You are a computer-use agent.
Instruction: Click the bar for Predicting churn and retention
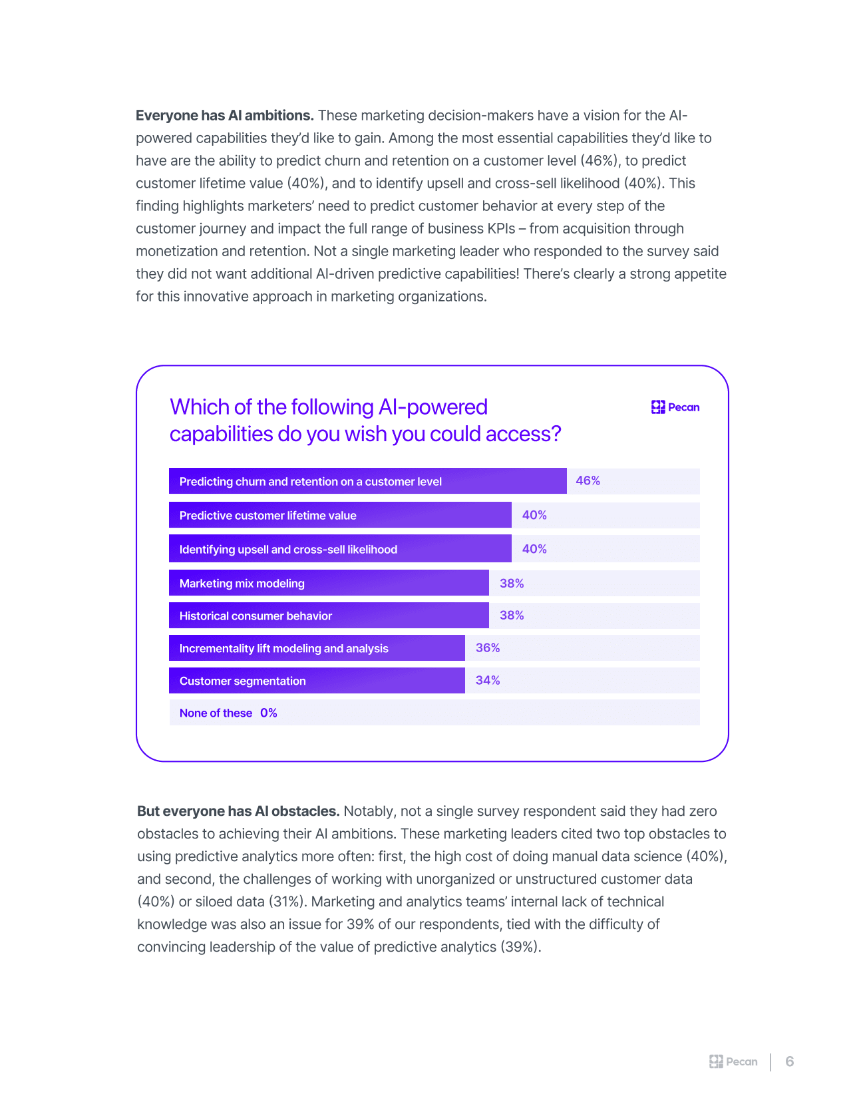pos(367,481)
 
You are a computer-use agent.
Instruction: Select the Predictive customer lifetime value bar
pos(340,515)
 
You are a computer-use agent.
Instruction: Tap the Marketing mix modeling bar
pos(329,583)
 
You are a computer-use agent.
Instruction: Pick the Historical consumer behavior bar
pos(329,616)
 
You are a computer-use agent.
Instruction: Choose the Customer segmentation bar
pos(317,681)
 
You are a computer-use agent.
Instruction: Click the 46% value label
pos(588,480)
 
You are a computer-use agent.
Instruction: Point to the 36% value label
pos(488,648)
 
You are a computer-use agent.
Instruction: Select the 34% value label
pos(488,680)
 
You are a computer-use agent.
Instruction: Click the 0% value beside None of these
pos(269,713)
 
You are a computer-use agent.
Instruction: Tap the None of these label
pos(216,713)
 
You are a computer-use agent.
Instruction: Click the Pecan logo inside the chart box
pos(675,407)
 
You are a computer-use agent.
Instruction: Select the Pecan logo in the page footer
pos(733,1061)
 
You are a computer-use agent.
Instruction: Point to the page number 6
pos(790,1061)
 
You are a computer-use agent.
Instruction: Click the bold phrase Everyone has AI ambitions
pos(224,115)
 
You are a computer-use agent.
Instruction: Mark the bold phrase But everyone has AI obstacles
pos(238,811)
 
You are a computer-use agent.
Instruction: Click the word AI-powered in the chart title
pos(432,407)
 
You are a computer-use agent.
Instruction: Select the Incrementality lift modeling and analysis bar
pos(317,648)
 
